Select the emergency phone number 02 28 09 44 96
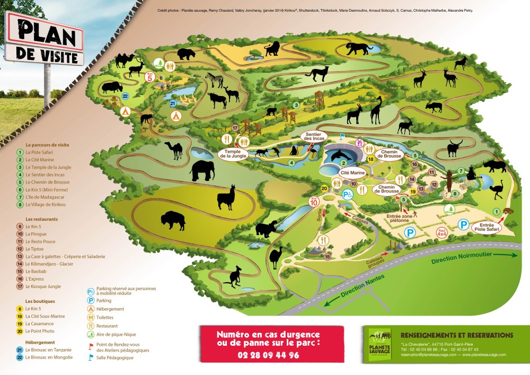pos(268,354)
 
